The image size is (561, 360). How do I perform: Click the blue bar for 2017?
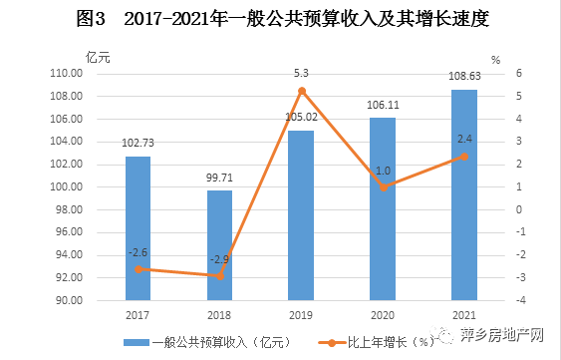pos(138,228)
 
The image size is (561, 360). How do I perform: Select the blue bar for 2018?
pos(219,245)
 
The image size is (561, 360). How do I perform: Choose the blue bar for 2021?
pos(464,195)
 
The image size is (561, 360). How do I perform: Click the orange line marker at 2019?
pos(302,91)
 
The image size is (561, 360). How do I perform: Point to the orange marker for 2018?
pos(219,276)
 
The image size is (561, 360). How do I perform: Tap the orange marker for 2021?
pos(464,157)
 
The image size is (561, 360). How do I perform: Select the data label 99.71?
pos(219,178)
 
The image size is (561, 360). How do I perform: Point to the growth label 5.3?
pos(302,72)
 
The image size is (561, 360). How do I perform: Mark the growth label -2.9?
pos(219,259)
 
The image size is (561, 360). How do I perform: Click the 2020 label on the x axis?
pos(383,314)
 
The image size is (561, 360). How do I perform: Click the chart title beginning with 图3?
pos(280,20)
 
